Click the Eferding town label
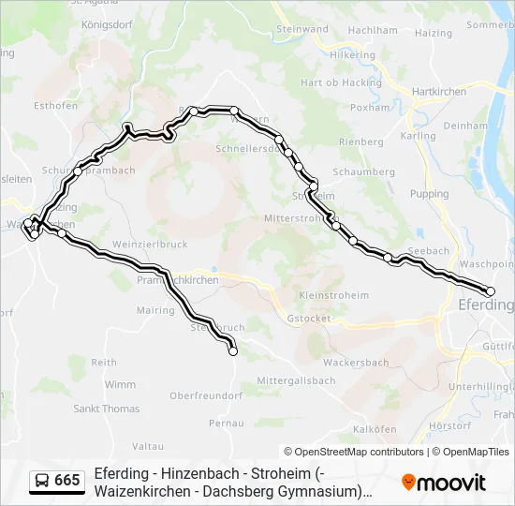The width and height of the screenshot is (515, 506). (485, 305)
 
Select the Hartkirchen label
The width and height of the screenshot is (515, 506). (439, 92)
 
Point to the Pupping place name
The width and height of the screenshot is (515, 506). (430, 194)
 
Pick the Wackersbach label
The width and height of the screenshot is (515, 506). (355, 363)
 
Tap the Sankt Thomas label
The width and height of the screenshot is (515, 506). (106, 409)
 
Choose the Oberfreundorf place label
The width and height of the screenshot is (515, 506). (206, 396)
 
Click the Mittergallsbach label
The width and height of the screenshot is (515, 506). (296, 381)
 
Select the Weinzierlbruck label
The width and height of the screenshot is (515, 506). (150, 244)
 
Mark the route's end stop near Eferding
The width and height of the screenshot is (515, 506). (490, 291)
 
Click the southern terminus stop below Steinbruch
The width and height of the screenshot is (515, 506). (233, 351)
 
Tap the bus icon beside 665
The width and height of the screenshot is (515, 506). (42, 481)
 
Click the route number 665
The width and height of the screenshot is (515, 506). (67, 481)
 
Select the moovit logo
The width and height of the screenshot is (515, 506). (443, 483)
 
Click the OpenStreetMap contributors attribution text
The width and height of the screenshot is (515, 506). (354, 452)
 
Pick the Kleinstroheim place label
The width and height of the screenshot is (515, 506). (333, 296)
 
